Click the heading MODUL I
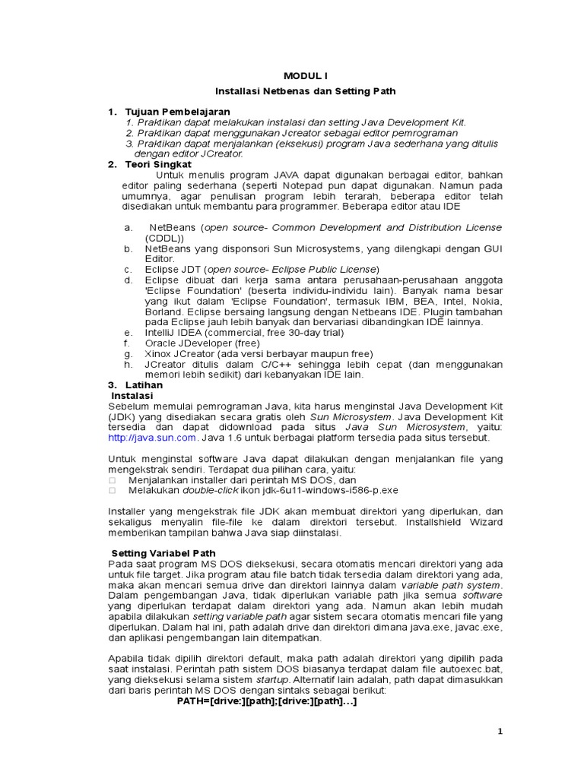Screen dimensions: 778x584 [x=305, y=76]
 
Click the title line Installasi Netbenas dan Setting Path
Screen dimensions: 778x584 [x=305, y=91]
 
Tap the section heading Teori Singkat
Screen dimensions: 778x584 [x=158, y=164]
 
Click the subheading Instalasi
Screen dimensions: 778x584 [x=132, y=396]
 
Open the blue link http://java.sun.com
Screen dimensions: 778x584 [x=153, y=438]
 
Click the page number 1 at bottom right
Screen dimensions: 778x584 [x=500, y=731]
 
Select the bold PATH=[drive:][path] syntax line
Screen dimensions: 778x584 [x=267, y=701]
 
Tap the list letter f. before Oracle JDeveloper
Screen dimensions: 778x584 [x=128, y=343]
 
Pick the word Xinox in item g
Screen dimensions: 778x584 [x=159, y=353]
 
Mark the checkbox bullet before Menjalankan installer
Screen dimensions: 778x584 [x=113, y=480]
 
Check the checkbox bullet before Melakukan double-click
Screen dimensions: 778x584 [x=113, y=491]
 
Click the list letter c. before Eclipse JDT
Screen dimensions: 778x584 [x=128, y=269]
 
